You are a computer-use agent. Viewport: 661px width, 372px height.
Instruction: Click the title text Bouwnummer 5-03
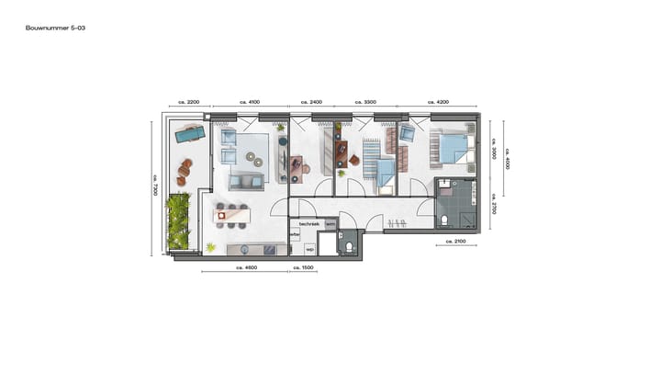click(x=56, y=28)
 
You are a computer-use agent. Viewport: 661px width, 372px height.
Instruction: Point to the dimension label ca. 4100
click(x=250, y=102)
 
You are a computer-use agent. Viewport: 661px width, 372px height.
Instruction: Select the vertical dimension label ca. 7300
click(x=156, y=185)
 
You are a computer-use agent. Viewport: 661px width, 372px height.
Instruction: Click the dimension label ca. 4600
click(x=244, y=267)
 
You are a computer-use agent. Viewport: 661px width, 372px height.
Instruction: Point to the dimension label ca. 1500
click(x=302, y=267)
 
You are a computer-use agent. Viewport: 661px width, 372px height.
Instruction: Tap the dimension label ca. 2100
click(x=454, y=241)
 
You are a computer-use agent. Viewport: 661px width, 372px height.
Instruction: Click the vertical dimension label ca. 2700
click(x=493, y=203)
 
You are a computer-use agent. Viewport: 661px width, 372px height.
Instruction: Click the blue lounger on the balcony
click(x=191, y=135)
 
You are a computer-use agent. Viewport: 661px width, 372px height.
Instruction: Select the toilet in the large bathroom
click(x=443, y=220)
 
